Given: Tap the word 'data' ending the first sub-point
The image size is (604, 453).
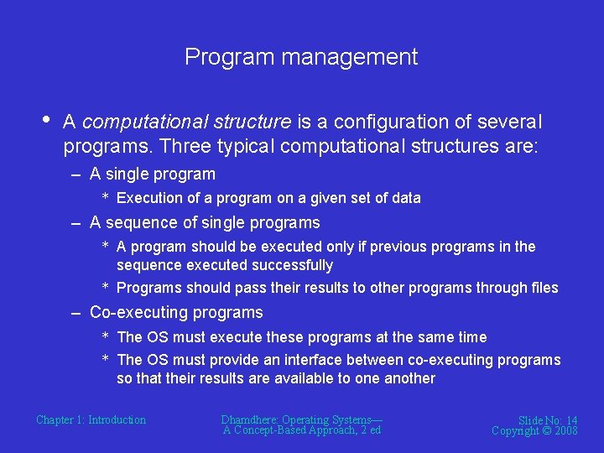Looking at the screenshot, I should [x=406, y=198].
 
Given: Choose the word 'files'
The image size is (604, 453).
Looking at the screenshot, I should [x=544, y=288].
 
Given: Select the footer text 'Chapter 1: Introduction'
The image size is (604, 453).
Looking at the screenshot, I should [x=91, y=420].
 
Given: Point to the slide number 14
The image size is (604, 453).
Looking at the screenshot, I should [x=570, y=420].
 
